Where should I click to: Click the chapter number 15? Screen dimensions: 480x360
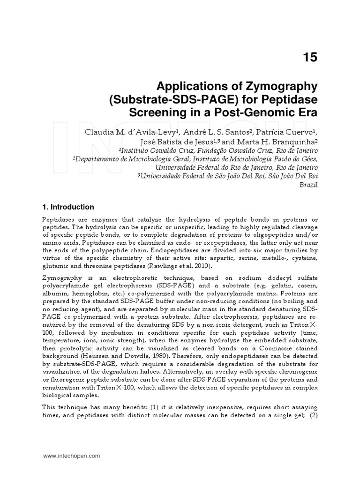click(310, 58)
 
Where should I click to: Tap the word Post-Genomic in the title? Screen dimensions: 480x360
click(261, 113)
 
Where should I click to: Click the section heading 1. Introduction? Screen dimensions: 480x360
click(68, 207)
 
